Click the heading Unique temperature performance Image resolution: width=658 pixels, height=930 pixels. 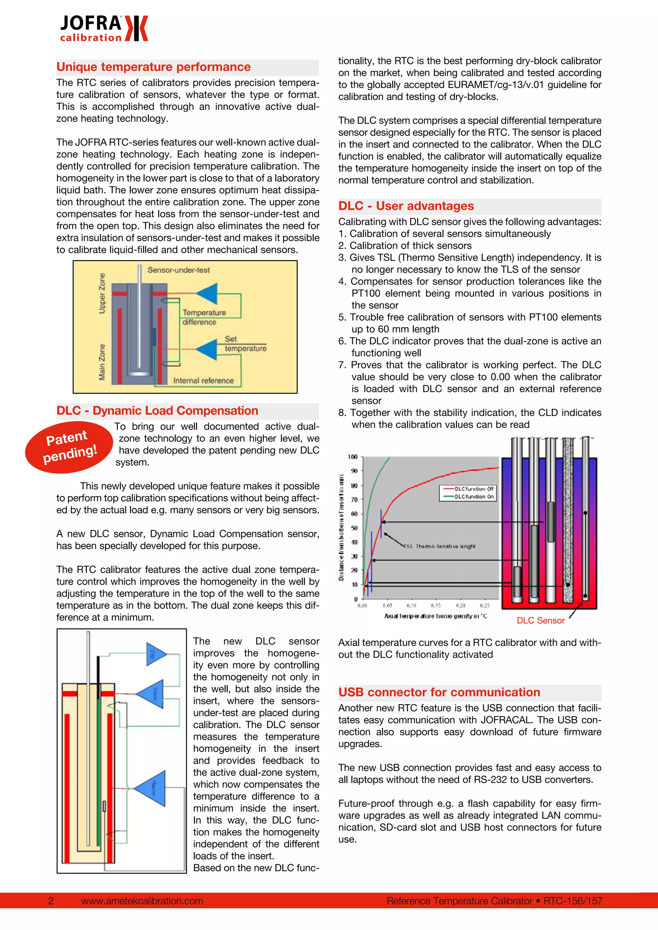[154, 67]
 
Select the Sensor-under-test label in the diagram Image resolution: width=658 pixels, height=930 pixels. [178, 270]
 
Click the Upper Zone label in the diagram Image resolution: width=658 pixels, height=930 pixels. [102, 293]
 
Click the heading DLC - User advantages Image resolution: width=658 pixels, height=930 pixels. [406, 206]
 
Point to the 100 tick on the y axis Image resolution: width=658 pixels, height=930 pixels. [352, 457]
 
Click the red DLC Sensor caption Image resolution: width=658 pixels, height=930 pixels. [540, 620]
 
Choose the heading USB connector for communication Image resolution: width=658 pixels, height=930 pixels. [439, 692]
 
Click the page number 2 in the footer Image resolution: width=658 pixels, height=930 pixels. [51, 901]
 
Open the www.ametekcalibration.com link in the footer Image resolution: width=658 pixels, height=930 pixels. [142, 901]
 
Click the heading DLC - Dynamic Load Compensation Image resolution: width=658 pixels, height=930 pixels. [157, 411]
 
